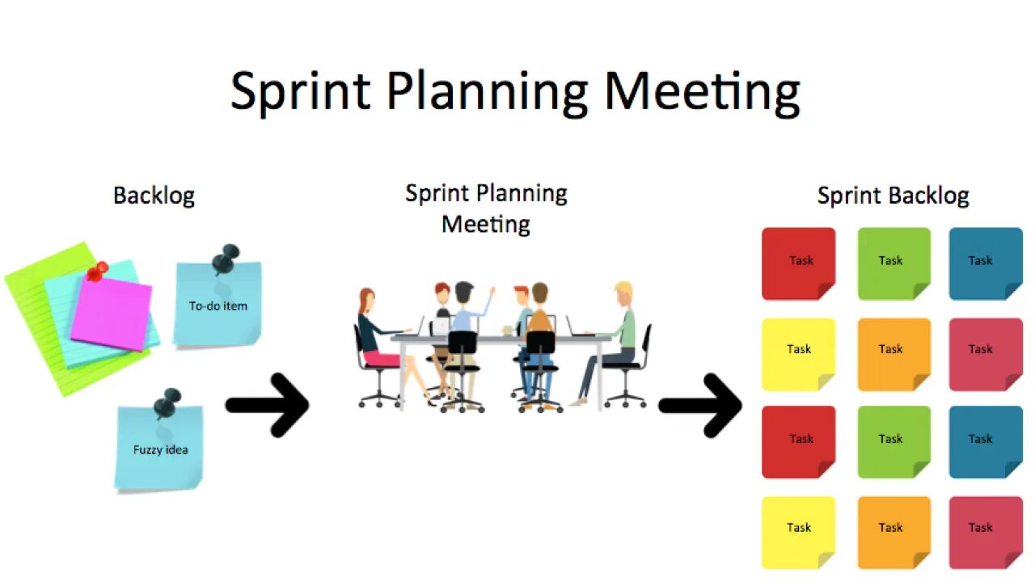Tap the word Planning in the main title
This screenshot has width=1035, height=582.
pyautogui.click(x=487, y=91)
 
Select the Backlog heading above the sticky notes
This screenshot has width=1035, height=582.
pyautogui.click(x=154, y=196)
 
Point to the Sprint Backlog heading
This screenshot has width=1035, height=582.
pyautogui.click(x=893, y=196)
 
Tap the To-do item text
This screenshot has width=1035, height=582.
pyautogui.click(x=218, y=306)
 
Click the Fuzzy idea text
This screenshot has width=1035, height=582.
pyautogui.click(x=160, y=449)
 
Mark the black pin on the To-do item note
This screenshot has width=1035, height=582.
pyautogui.click(x=226, y=260)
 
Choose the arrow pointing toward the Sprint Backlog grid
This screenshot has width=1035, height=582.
pyautogui.click(x=700, y=404)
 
